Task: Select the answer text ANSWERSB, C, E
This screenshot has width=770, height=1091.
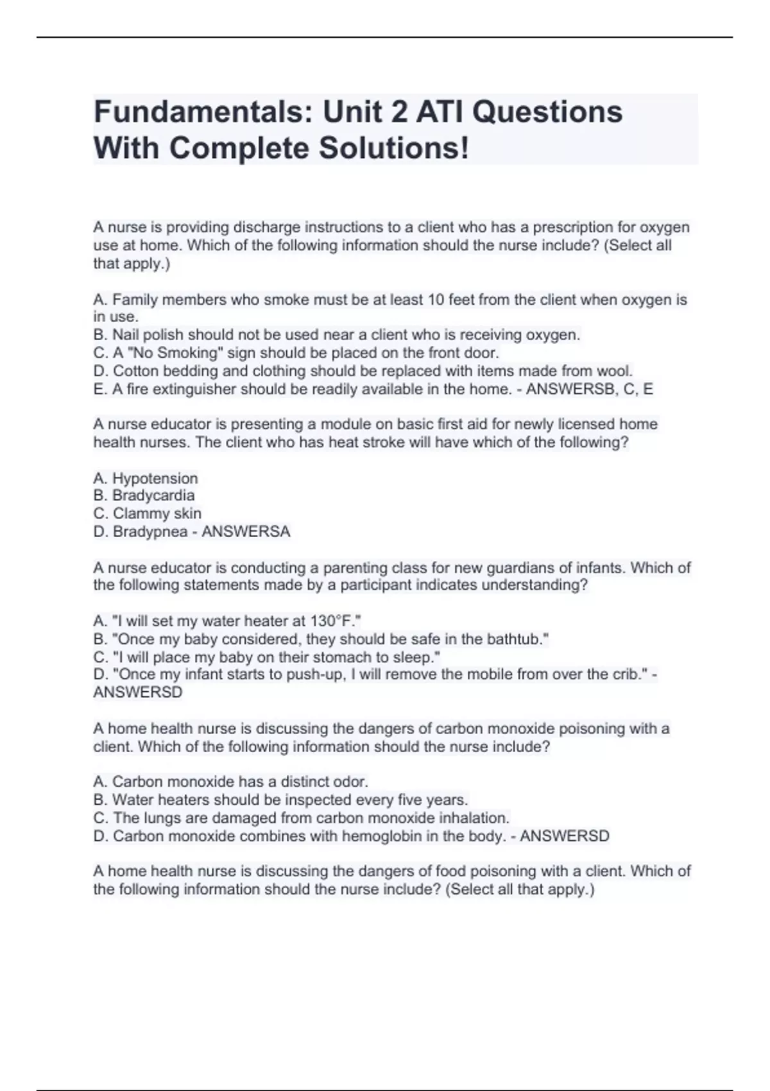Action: coord(589,389)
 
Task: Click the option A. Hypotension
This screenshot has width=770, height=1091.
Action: coord(146,478)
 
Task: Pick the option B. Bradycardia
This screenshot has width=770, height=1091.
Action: coord(144,495)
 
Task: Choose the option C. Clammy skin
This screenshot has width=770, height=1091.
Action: coord(148,513)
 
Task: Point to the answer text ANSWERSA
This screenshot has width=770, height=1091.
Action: coord(246,531)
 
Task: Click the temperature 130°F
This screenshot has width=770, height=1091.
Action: coord(332,621)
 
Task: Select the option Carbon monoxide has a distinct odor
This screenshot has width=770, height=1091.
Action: coord(231,782)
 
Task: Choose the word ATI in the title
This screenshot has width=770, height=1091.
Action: coord(440,112)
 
